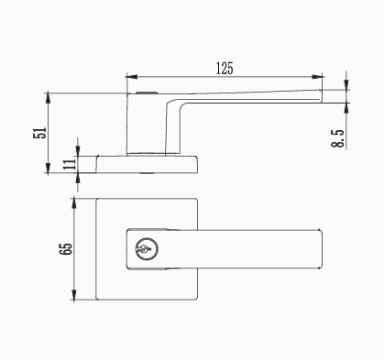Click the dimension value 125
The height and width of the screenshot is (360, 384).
(x=225, y=69)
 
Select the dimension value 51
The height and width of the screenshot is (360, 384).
(x=39, y=133)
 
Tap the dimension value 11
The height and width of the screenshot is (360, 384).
(x=71, y=164)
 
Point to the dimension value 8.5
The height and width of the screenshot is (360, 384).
(x=337, y=138)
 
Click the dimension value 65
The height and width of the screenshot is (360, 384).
(x=66, y=249)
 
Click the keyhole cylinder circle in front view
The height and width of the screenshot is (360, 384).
(x=147, y=249)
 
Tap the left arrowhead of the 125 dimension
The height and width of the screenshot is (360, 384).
(x=132, y=77)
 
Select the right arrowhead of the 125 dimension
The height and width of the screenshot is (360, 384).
(x=317, y=77)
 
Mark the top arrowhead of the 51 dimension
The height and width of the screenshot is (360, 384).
(x=48, y=99)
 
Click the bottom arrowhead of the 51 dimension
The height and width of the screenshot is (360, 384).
(x=48, y=168)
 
